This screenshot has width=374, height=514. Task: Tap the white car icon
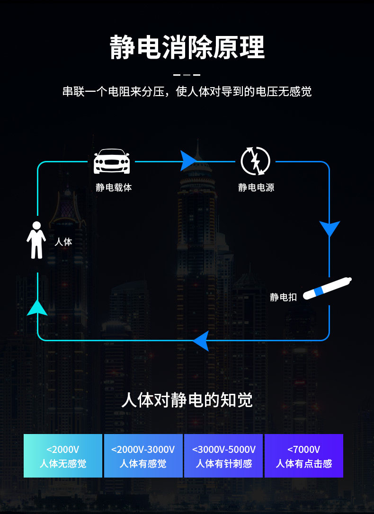tap(112, 161)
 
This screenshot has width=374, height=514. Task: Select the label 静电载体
tap(114, 187)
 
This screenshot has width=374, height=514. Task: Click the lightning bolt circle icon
tap(255, 161)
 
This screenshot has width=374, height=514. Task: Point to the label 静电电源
tap(256, 187)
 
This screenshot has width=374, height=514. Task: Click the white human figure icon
tap(36, 240)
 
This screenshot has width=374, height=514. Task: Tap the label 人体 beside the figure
tap(63, 242)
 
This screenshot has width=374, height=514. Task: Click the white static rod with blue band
tap(327, 288)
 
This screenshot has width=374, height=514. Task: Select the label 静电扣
tap(283, 297)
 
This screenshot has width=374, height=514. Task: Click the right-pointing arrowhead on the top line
tap(188, 161)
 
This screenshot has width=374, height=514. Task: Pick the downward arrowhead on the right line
tap(329, 228)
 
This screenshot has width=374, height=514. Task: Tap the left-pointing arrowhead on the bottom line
tap(201, 340)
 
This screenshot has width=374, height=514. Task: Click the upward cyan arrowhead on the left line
tap(37, 308)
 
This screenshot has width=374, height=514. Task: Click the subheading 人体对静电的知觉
tap(187, 400)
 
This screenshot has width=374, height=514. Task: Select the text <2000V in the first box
tap(63, 449)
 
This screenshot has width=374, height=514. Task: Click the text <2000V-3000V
tap(143, 449)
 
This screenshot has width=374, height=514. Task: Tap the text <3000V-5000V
tap(224, 449)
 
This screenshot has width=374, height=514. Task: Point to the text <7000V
tap(304, 449)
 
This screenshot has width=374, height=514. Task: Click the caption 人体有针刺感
tap(224, 464)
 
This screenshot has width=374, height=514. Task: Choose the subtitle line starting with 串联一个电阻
tap(187, 91)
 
